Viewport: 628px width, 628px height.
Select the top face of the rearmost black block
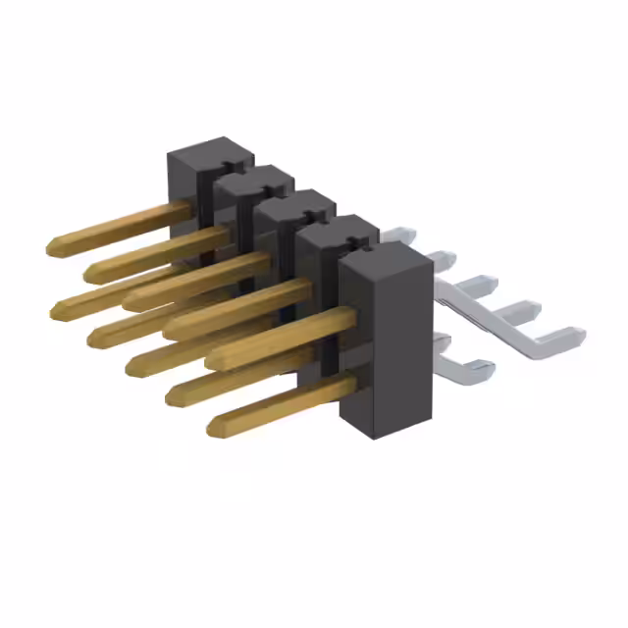tap(209, 151)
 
